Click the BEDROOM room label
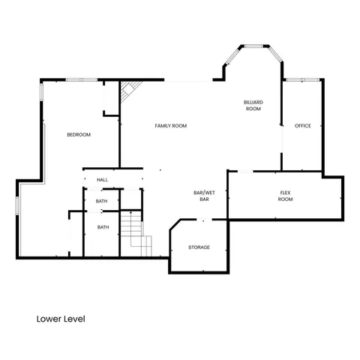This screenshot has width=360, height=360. (x=79, y=135)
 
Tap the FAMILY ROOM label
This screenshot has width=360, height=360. (x=171, y=125)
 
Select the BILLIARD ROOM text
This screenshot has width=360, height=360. (x=253, y=105)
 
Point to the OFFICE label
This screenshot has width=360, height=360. (x=302, y=125)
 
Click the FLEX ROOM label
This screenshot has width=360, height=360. (x=285, y=196)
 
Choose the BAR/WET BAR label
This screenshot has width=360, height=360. (x=201, y=196)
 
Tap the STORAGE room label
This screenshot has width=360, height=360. (x=199, y=247)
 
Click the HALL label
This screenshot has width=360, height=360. (x=103, y=180)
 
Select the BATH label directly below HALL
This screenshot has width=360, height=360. (x=103, y=201)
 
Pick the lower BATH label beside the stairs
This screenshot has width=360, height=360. (x=103, y=227)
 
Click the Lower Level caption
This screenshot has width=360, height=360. (x=61, y=319)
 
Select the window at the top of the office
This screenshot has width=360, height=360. (x=302, y=79)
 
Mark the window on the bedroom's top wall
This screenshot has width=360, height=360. (x=79, y=79)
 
